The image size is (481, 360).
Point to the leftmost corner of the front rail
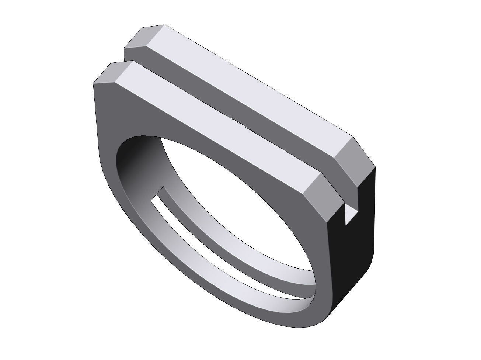[94, 83]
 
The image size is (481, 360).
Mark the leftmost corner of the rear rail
[125, 48]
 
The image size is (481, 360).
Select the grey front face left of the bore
[107, 140]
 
